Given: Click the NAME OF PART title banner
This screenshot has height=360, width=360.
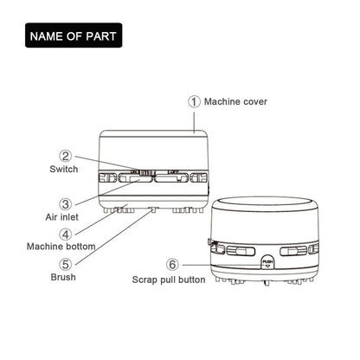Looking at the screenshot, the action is (74, 35).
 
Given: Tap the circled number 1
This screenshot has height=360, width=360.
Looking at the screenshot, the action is (194, 101).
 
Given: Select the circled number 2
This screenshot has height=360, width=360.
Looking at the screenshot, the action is (66, 156).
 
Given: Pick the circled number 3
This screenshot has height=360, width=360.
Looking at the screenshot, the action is (66, 204).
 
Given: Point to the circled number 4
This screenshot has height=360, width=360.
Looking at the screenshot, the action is (66, 235).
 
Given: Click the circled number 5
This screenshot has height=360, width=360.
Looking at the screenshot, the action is (66, 264).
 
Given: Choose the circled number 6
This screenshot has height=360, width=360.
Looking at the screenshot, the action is (172, 264).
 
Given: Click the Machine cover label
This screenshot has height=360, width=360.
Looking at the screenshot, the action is (235, 101).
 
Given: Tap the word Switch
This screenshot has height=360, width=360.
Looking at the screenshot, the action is (64, 169).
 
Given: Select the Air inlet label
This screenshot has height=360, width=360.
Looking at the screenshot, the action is (61, 217).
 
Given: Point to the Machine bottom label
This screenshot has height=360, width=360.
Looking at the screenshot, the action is (61, 247).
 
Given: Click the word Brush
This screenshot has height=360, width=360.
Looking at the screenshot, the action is (63, 277).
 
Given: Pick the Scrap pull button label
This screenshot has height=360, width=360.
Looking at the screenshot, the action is (169, 280).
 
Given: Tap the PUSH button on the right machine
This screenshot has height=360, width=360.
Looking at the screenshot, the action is (267, 262).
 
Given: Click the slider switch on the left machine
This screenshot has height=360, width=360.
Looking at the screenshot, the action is (145, 172).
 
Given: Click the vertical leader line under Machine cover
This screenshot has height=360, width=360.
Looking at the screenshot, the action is (194, 123).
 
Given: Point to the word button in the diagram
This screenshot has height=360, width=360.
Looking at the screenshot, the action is (192, 280).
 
